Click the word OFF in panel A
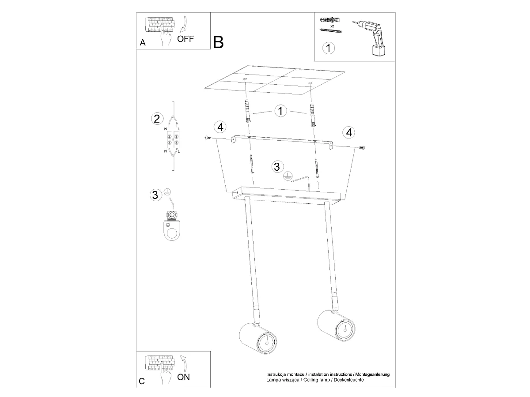tap(185, 39)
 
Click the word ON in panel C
tap(183, 377)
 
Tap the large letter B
tap(218, 42)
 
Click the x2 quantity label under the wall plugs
tap(332, 26)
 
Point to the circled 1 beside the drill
tap(329, 48)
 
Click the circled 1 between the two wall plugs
tap(280, 111)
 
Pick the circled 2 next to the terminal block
tap(157, 119)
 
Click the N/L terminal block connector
tap(173, 139)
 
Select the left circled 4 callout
tap(220, 127)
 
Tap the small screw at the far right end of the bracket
tap(362, 147)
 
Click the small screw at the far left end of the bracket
tap(207, 138)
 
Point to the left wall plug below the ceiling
tap(247, 110)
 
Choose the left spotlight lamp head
tap(258, 339)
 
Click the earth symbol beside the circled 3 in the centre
tap(287, 176)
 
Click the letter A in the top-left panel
tap(143, 42)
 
